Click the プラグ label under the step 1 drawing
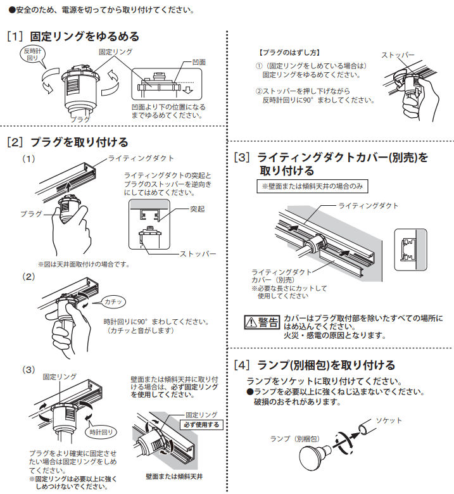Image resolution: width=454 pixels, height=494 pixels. pos(80,119)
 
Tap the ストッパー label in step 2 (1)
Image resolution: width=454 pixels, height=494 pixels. pos(198,253)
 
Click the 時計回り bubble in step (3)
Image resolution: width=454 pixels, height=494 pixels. pos(101,432)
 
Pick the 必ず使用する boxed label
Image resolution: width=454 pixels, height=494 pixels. pos(201,424)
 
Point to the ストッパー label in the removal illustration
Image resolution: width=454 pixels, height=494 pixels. pos(398,55)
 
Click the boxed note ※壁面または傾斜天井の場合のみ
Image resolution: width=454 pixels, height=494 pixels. pos(312,187)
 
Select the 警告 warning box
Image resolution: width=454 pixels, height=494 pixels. pos(261,322)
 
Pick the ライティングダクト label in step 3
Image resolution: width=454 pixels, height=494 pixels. pos(369,206)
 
